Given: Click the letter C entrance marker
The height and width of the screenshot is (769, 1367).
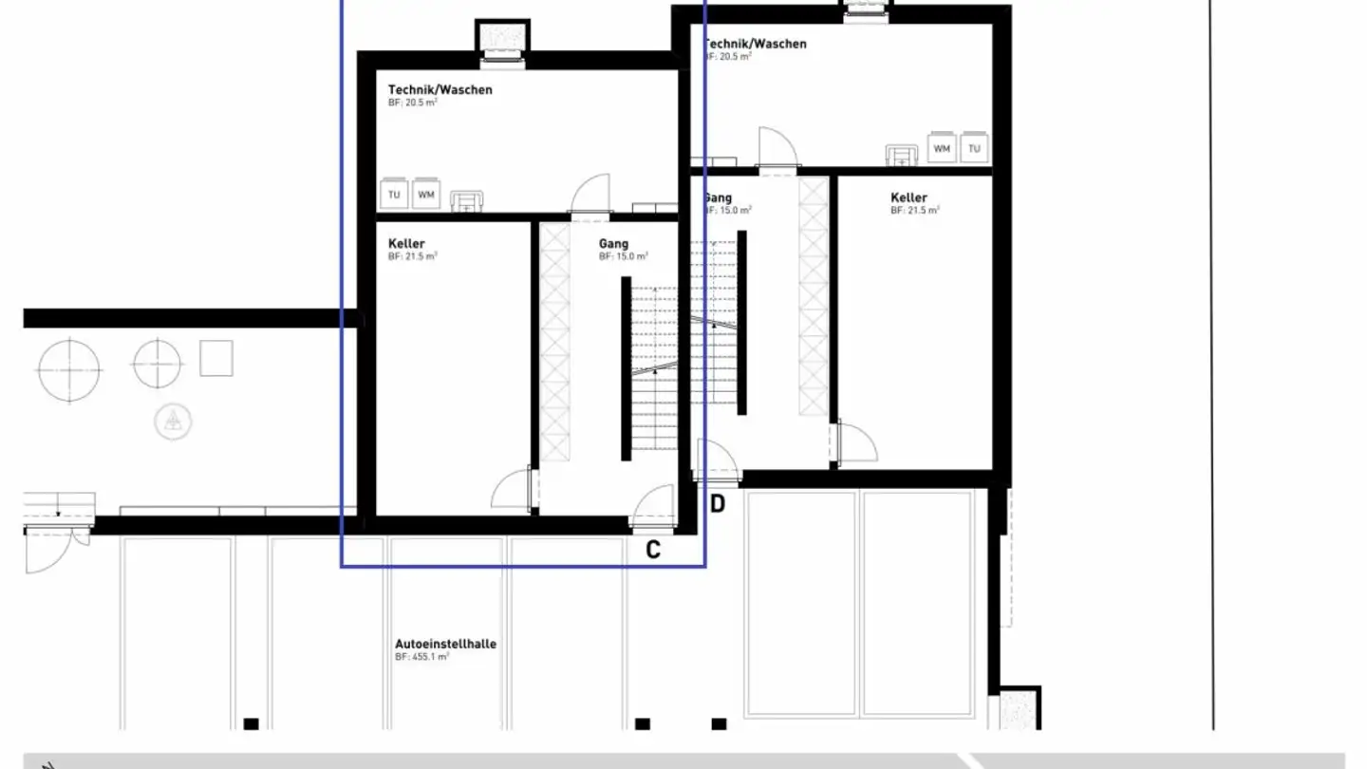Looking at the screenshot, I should click(653, 549).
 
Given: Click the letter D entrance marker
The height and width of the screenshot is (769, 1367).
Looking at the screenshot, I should click(718, 504).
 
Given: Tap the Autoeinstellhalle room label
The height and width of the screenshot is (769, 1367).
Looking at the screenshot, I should click(445, 644).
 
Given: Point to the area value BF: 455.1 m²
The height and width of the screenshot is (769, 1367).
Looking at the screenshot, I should click(421, 657).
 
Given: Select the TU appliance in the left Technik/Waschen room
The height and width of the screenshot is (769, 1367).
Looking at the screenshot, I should click(393, 195).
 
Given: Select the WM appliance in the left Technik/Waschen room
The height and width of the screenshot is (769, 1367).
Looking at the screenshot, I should click(426, 195).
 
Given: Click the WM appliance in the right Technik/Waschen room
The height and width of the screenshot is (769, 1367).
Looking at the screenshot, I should click(941, 148).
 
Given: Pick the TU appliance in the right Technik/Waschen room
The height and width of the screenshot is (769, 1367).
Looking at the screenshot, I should click(974, 148).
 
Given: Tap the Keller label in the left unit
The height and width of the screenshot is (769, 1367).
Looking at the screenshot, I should click(406, 244).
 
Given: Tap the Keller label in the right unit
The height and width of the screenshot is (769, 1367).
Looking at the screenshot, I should click(908, 197).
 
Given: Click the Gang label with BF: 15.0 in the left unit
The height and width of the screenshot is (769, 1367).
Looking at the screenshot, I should click(613, 244).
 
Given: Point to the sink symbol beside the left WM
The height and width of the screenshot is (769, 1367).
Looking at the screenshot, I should click(466, 200).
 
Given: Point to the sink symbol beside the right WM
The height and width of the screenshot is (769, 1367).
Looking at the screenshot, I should click(901, 154).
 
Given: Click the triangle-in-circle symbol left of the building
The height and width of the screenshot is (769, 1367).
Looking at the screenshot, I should click(173, 421).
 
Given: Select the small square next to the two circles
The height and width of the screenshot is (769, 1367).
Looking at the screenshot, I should click(216, 359).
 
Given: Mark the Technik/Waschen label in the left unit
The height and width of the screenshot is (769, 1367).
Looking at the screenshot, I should click(440, 90).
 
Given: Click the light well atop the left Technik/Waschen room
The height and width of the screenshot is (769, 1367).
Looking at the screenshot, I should click(501, 40).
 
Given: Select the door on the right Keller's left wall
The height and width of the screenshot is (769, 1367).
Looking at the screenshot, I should click(852, 443).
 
